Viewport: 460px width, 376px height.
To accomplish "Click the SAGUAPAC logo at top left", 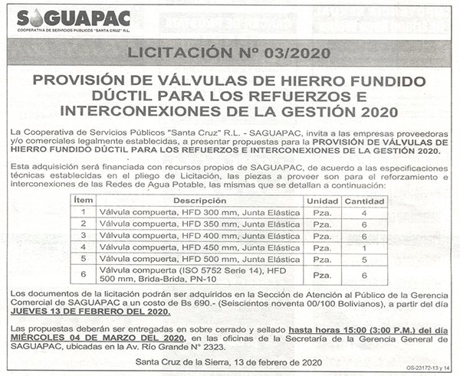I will (x=73, y=21).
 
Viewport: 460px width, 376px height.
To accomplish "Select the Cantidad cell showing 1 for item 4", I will (x=363, y=248).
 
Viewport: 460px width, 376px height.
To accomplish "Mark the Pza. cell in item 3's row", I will (x=322, y=236).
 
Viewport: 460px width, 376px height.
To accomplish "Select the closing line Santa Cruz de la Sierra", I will (x=229, y=362).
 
